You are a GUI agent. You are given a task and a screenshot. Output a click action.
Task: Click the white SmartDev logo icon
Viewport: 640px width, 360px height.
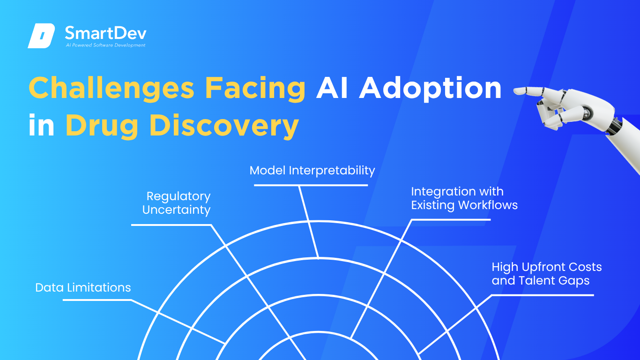click(41, 36)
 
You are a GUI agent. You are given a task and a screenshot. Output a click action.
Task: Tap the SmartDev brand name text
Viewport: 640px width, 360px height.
click(105, 33)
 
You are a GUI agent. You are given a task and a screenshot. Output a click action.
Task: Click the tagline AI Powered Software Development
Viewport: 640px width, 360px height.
click(105, 45)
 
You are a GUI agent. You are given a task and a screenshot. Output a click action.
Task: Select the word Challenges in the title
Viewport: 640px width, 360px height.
click(112, 89)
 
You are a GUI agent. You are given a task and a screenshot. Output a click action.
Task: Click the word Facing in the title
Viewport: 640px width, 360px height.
click(255, 89)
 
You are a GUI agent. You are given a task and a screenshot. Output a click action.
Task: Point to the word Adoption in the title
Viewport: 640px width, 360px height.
click(430, 88)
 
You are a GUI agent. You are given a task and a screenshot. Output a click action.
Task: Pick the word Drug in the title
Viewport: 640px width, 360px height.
click(102, 126)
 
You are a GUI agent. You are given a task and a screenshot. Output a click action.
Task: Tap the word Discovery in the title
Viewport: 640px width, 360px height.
click(224, 126)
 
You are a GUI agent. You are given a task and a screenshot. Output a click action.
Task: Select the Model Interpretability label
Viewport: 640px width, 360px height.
click(312, 171)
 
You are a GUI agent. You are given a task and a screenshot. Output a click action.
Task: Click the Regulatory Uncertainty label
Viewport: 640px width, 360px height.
click(176, 203)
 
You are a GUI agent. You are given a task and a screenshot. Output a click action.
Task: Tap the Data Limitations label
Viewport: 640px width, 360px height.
click(83, 288)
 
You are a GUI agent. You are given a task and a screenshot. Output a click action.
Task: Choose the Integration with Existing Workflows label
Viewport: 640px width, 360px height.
click(464, 198)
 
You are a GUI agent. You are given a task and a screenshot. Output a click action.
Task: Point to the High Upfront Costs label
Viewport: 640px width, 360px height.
click(547, 267)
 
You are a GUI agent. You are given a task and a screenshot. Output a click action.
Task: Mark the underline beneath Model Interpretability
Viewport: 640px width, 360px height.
click(311, 185)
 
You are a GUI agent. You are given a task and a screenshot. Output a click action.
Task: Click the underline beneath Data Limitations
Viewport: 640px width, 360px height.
click(97, 300)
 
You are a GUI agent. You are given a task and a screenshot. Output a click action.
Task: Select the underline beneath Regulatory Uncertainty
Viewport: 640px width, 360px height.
click(171, 225)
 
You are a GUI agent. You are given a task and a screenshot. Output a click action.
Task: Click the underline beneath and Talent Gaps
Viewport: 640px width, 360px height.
click(542, 295)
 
